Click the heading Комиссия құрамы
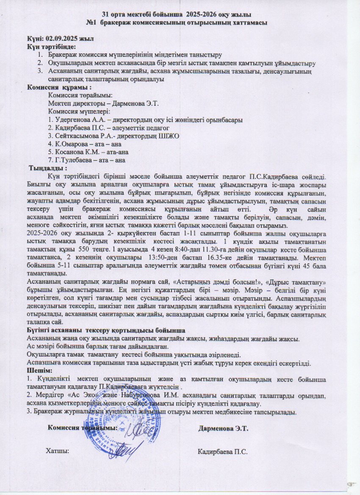tap(59, 87)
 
